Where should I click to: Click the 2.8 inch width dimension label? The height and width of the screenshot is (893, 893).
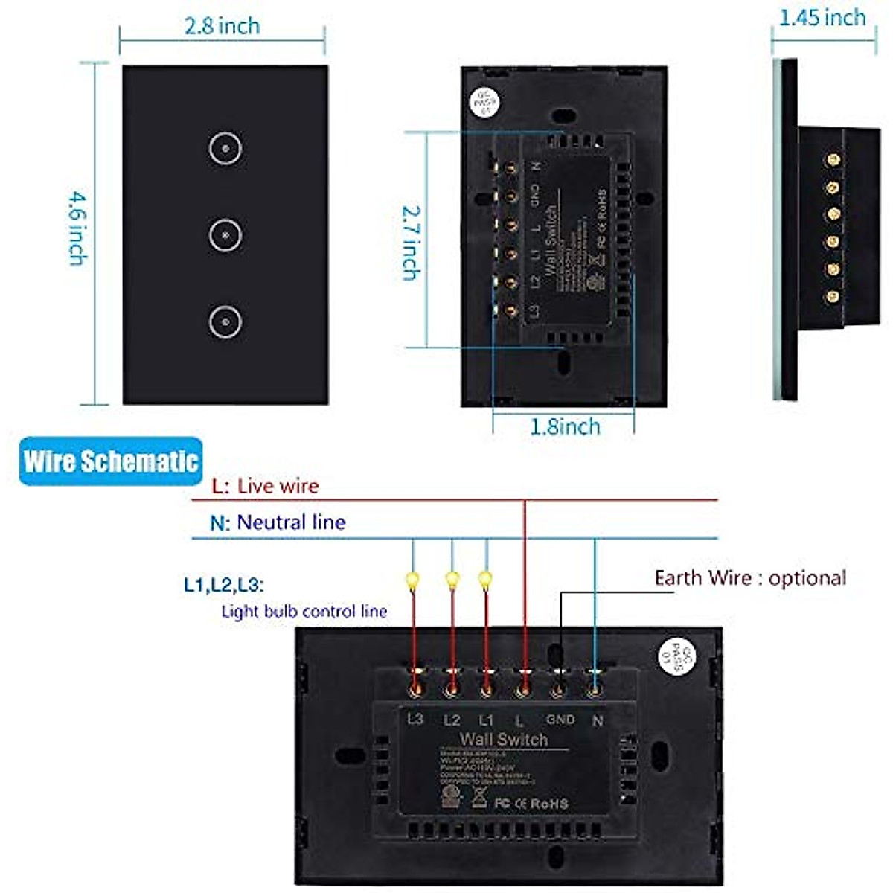click(223, 26)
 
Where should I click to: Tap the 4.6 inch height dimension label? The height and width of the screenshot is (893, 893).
click(77, 228)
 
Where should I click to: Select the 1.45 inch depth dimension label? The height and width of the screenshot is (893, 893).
click(822, 18)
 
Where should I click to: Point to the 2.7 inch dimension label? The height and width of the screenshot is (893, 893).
click(411, 242)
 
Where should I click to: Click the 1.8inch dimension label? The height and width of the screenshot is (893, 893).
click(565, 426)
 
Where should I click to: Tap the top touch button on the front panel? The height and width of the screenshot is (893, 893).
click(225, 149)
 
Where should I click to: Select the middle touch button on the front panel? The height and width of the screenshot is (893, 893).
click(225, 235)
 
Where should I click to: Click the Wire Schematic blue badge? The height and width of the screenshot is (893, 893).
click(111, 461)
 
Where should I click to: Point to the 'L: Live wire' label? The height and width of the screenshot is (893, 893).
click(265, 487)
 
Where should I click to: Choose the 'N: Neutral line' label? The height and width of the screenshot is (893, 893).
click(278, 522)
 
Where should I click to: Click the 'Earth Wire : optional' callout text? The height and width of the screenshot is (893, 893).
click(750, 578)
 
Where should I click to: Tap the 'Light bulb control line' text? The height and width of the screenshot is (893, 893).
click(304, 612)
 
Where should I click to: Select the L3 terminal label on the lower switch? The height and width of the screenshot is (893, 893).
click(415, 719)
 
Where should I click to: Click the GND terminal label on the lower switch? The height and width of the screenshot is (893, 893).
click(560, 720)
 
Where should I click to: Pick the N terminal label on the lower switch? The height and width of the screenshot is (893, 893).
click(597, 720)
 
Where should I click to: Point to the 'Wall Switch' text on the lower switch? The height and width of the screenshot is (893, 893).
click(504, 739)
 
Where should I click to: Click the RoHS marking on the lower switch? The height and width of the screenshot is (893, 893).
click(548, 804)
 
